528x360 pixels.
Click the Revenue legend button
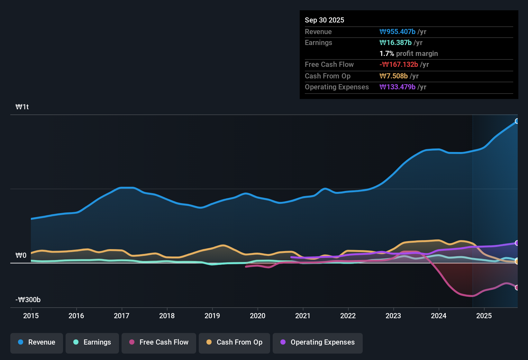[37, 342]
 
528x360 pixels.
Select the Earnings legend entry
[92, 342]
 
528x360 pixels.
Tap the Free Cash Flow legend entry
[159, 342]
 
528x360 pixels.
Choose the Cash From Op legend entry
[234, 342]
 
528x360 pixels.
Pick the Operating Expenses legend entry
[318, 342]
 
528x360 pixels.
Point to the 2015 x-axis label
[31, 316]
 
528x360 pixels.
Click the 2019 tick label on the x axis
[212, 316]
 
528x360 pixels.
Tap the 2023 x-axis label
[393, 316]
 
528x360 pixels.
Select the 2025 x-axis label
[484, 316]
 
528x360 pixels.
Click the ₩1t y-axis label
[22, 107]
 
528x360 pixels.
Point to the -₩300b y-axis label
[28, 300]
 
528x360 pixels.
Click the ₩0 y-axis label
[21, 256]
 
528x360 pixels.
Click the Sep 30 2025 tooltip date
[324, 20]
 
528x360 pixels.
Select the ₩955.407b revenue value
[397, 32]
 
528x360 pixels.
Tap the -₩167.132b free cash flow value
[399, 64]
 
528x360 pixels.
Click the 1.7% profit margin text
[409, 53]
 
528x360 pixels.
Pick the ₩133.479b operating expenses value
[397, 87]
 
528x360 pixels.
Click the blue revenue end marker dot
[517, 121]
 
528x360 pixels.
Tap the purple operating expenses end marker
[517, 243]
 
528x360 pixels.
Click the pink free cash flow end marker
[517, 288]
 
